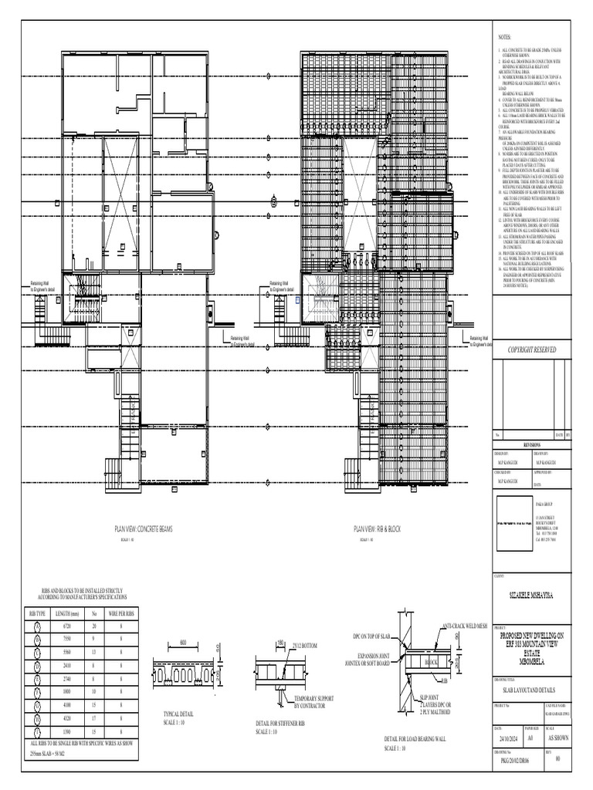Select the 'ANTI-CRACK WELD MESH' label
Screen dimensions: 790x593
pos(467,626)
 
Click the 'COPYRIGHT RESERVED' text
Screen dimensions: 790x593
pos(531,350)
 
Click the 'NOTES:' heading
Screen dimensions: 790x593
pos(504,37)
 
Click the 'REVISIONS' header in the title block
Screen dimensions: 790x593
pos(531,445)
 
